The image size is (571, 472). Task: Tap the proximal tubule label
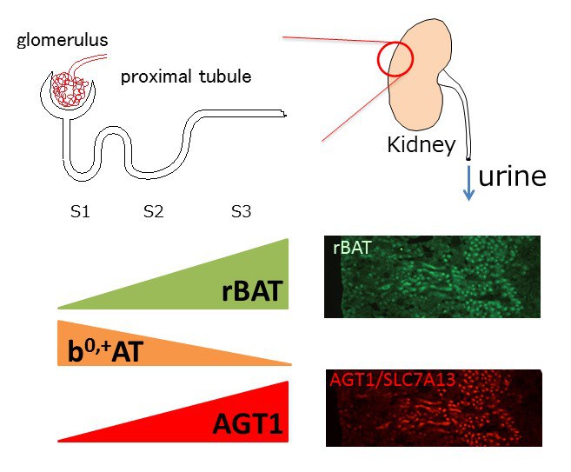click(186, 77)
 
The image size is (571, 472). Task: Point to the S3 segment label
click(242, 210)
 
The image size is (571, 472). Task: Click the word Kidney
click(422, 145)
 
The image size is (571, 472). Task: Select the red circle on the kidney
click(395, 57)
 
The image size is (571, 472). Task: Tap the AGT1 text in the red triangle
click(249, 425)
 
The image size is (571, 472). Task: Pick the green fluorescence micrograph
click(432, 276)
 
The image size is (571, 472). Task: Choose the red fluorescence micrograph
click(435, 409)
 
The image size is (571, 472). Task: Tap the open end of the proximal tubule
click(284, 113)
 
